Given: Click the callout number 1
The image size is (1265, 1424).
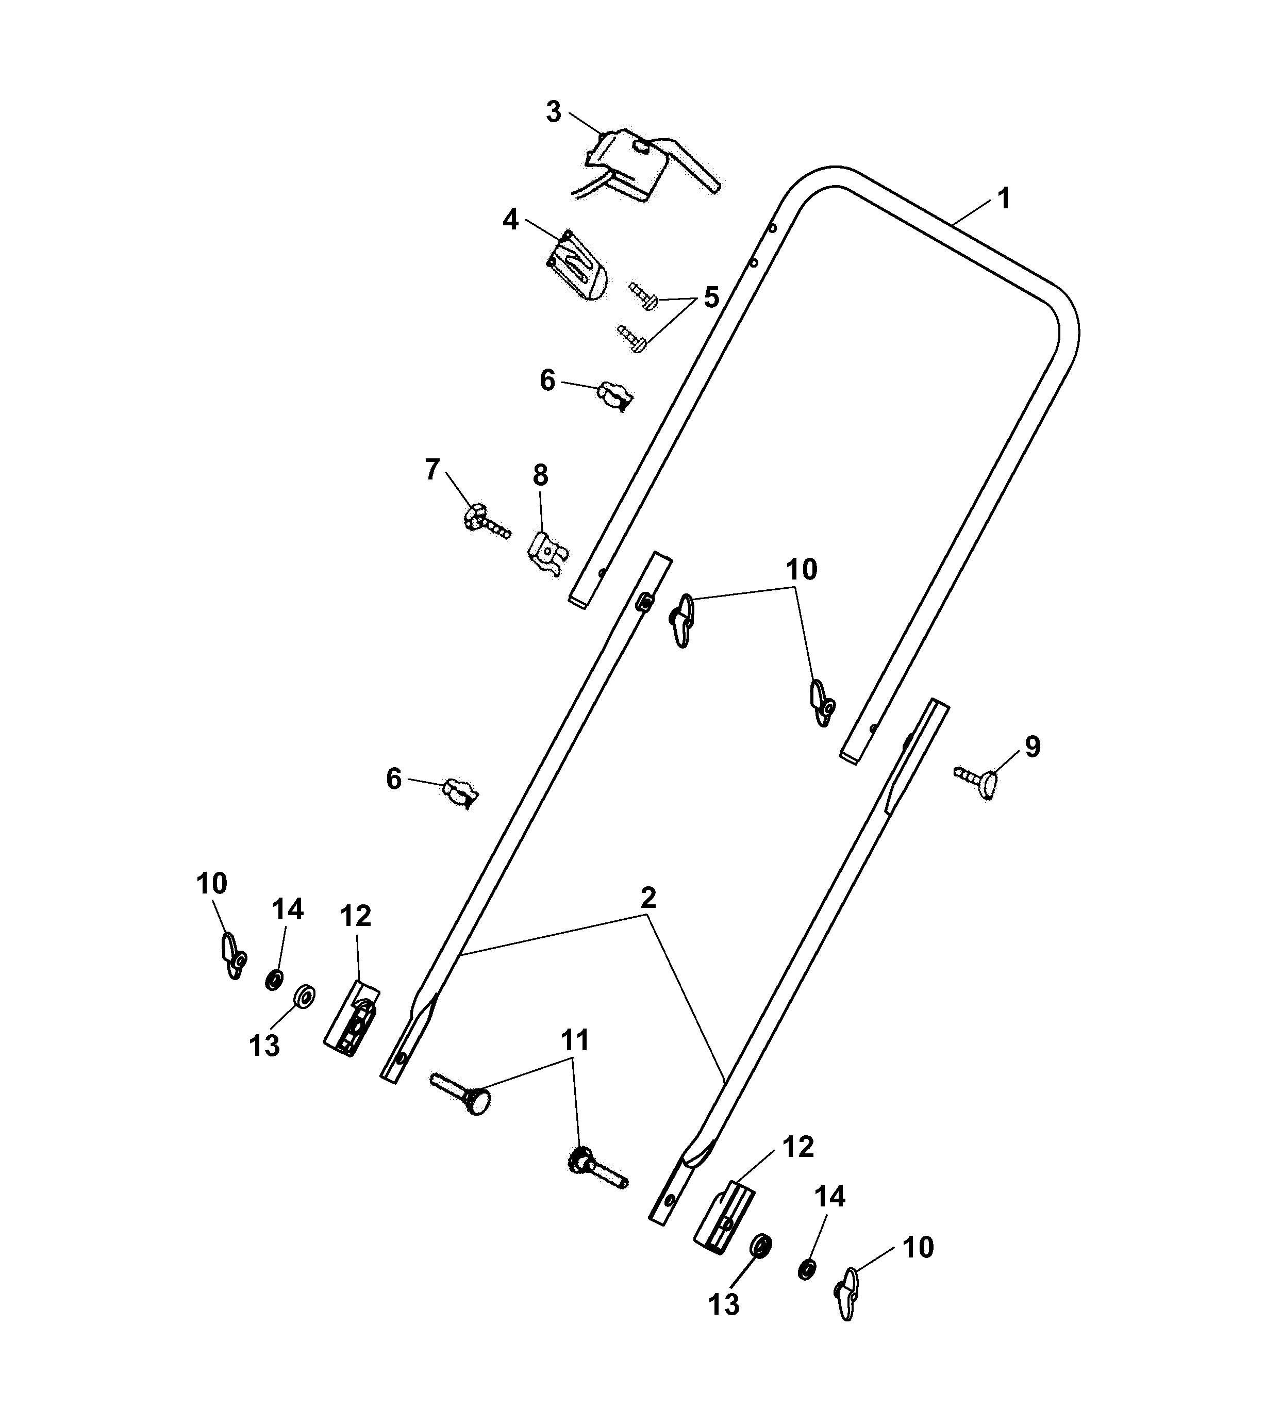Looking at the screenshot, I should pos(1003,199).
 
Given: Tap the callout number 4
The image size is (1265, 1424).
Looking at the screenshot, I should pos(511,220).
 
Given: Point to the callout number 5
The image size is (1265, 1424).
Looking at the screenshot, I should pos(710,297).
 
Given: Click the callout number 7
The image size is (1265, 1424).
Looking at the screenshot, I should pos(432,470).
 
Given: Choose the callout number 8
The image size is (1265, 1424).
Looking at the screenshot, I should pos(541,475).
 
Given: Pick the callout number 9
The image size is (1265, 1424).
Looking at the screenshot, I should pos(1033,747).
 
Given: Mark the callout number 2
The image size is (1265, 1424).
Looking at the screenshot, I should pos(648,899).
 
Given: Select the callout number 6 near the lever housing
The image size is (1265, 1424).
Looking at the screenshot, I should pos(547,380).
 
